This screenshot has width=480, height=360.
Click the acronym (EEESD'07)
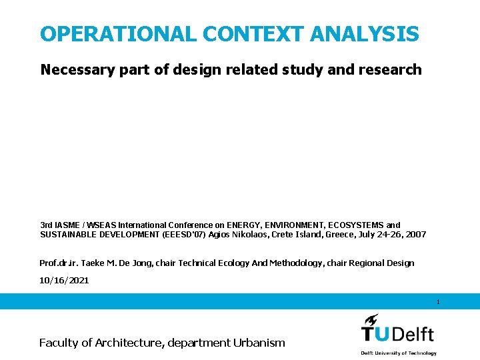(183, 235)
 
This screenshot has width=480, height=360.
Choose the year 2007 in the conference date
(415, 235)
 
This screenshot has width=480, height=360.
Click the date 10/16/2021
(64, 281)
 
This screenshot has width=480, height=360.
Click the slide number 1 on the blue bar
(438, 302)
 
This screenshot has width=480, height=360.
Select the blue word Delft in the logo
(411, 333)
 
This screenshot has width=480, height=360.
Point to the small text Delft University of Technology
(399, 353)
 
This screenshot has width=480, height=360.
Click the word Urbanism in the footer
(259, 343)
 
